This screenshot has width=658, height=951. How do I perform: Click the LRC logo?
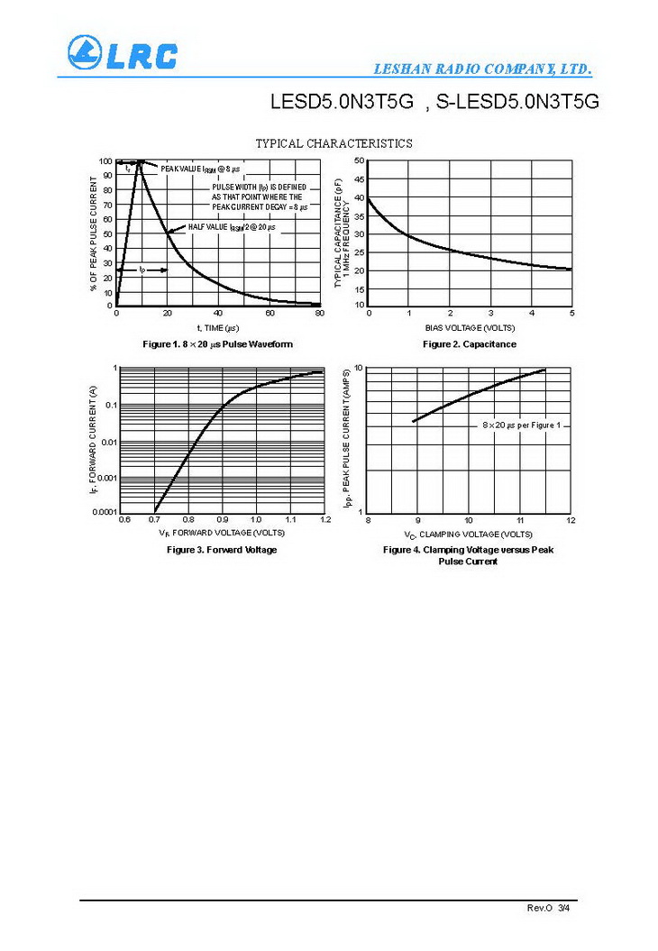click(121, 53)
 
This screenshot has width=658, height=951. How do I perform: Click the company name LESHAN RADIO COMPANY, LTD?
click(483, 69)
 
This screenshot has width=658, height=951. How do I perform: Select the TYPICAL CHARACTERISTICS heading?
click(334, 143)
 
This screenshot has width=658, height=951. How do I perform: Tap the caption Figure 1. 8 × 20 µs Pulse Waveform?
click(217, 344)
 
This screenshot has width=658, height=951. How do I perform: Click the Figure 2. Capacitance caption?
click(470, 344)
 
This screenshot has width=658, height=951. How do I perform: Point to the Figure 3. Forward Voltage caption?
click(222, 549)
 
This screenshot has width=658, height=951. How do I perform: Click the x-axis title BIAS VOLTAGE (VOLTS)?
click(470, 327)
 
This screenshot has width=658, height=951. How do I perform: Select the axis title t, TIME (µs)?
click(218, 327)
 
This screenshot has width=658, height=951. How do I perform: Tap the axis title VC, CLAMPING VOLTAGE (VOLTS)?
click(469, 535)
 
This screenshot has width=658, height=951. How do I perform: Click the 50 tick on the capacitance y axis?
click(359, 160)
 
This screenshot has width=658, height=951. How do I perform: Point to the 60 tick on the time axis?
click(270, 313)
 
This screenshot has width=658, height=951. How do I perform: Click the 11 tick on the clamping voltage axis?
click(520, 520)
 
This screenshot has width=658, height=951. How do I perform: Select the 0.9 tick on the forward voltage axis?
click(222, 520)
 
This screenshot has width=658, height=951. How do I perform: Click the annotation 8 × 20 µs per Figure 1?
click(521, 425)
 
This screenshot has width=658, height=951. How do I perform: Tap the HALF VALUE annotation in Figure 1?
click(233, 227)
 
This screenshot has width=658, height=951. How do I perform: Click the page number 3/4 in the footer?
click(564, 908)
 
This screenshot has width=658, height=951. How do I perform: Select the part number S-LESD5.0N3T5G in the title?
click(517, 102)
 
